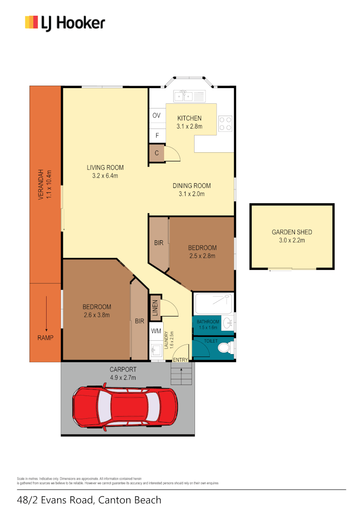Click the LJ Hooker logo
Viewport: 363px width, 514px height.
tap(65, 22)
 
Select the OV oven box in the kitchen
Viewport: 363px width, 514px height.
tap(156, 116)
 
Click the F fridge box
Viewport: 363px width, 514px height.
tap(157, 136)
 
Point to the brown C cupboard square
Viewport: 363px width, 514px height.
tap(157, 153)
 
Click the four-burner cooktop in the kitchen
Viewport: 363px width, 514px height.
tap(226, 124)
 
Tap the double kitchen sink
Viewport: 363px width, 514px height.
tap(185, 96)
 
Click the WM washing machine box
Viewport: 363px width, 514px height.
tap(156, 331)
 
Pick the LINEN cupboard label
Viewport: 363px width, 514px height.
tap(155, 307)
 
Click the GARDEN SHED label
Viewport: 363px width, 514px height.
tap(292, 232)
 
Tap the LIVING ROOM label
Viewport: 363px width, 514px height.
tap(105, 168)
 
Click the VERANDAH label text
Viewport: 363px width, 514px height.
tap(41, 184)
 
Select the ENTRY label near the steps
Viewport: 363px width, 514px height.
tap(180, 360)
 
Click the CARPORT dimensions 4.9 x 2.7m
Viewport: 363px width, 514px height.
tap(123, 377)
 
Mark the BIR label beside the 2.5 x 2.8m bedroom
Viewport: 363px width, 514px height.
tap(158, 243)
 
